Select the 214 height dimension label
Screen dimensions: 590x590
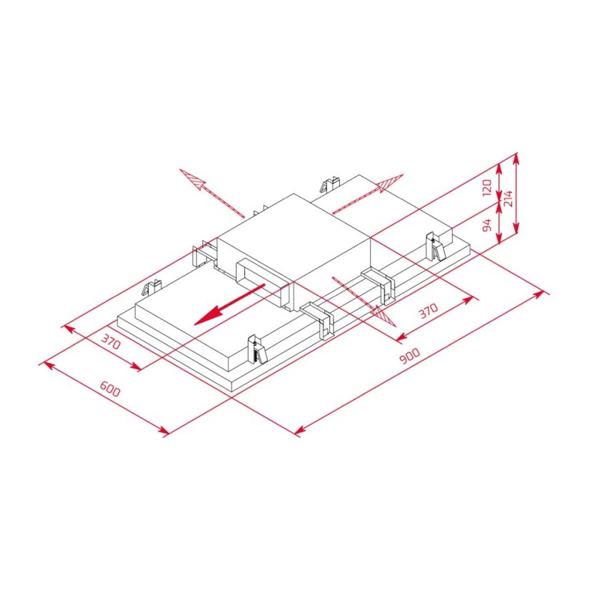coord(508,198)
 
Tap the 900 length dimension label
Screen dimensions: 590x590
coord(409,358)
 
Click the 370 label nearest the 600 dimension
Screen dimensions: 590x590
coord(111,343)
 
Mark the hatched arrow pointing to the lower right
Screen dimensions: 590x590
coord(383,314)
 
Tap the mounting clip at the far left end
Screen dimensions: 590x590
coord(151,289)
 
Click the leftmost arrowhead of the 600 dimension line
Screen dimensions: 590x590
coord(44,364)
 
